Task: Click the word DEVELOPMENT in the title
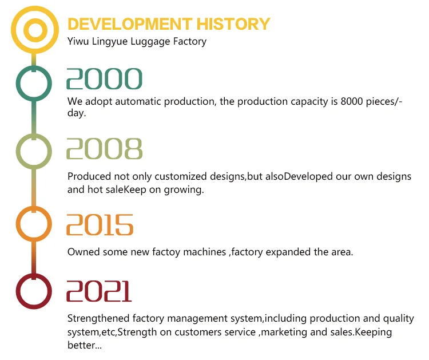pos(130,24)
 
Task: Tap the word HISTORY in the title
pos(233,24)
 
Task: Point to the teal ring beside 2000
pos(18,83)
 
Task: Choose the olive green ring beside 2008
pos(18,152)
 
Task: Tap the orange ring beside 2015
pos(18,224)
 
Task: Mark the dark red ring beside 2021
pos(18,291)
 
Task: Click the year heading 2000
pos(104,79)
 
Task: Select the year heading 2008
pos(104,149)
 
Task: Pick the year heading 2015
pos(100,225)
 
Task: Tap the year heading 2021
pos(99,291)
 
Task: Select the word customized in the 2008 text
pos(181,177)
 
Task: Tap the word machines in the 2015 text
pos(204,252)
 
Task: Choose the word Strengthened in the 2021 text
pos(98,319)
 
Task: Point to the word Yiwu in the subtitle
pos(78,41)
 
